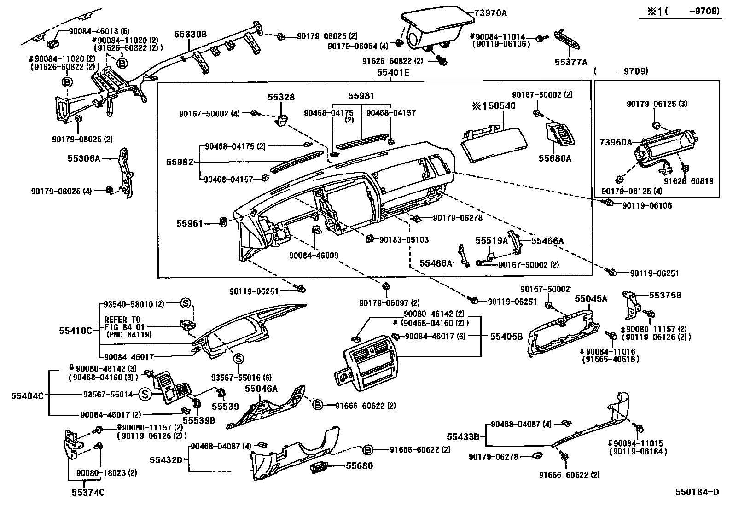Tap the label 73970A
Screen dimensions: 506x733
(x=491, y=13)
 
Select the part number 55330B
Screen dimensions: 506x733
(x=190, y=34)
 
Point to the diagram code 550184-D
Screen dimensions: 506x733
(x=697, y=492)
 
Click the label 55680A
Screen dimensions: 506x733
(x=555, y=159)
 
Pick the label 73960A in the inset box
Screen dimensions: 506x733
(x=616, y=142)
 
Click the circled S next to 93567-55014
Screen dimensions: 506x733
(x=145, y=394)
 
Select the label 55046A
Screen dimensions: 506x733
(x=261, y=389)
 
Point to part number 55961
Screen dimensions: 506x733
(x=189, y=224)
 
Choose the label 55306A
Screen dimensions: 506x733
(x=84, y=158)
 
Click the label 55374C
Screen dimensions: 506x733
(x=87, y=493)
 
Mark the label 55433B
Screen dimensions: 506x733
(x=463, y=436)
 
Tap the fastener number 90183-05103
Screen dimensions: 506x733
(x=404, y=240)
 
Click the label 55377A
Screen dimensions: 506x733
(x=571, y=62)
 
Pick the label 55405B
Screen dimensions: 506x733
(x=506, y=337)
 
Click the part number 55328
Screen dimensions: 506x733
(x=281, y=98)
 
